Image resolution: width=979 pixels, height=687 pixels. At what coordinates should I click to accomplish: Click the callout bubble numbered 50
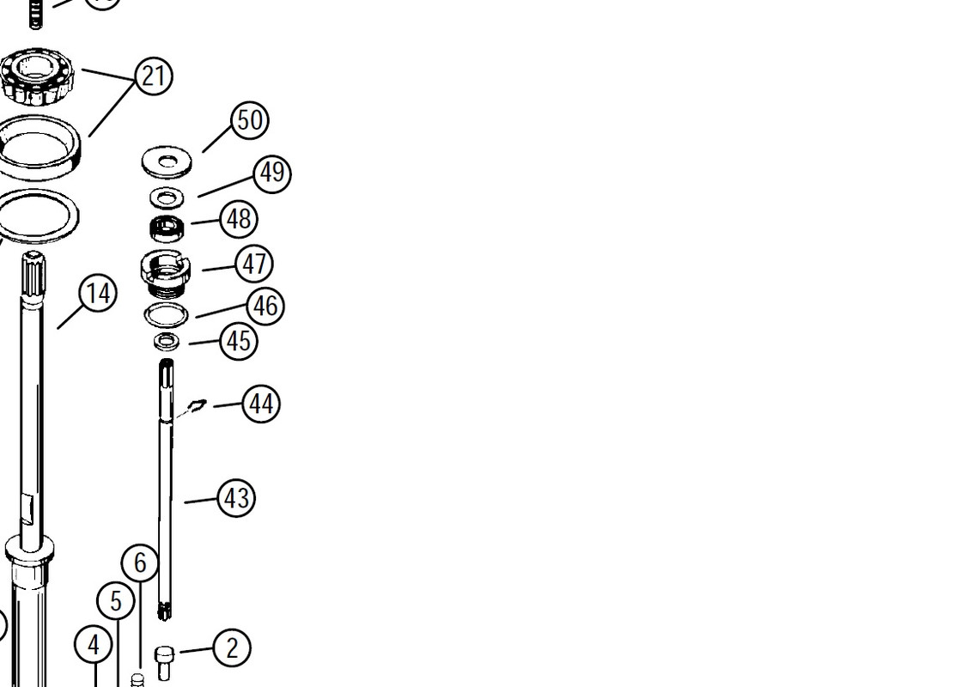pyautogui.click(x=251, y=120)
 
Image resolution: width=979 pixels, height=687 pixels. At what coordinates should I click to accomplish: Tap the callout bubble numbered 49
pyautogui.click(x=272, y=173)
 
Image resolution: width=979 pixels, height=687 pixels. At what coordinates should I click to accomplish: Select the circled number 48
pyautogui.click(x=239, y=219)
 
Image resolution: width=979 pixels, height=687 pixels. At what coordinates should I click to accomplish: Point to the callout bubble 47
pyautogui.click(x=254, y=264)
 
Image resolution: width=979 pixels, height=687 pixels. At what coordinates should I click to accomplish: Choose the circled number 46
pyautogui.click(x=266, y=306)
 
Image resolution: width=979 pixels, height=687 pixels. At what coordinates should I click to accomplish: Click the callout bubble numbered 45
pyautogui.click(x=239, y=342)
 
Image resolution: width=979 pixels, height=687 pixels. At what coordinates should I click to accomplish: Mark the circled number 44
pyautogui.click(x=261, y=404)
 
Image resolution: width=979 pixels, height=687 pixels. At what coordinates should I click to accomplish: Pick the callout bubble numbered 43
pyautogui.click(x=237, y=498)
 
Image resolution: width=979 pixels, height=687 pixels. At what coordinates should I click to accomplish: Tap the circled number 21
pyautogui.click(x=154, y=76)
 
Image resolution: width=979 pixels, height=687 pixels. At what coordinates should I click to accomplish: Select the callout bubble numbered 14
pyautogui.click(x=99, y=294)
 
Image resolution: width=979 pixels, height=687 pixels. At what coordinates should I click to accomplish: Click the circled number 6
pyautogui.click(x=140, y=562)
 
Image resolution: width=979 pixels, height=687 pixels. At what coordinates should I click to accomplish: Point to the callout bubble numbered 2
pyautogui.click(x=232, y=648)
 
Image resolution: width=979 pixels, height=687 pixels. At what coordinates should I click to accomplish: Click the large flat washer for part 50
pyautogui.click(x=167, y=162)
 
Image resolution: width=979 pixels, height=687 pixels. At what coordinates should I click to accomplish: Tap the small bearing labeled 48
pyautogui.click(x=167, y=228)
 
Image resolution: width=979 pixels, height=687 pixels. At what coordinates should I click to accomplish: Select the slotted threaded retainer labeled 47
pyautogui.click(x=166, y=272)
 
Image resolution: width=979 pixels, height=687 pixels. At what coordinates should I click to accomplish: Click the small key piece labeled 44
pyautogui.click(x=198, y=405)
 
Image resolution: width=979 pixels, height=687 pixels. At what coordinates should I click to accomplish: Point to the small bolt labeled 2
pyautogui.click(x=163, y=663)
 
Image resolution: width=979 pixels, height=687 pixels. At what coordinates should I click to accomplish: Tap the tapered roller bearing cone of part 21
pyautogui.click(x=36, y=76)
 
